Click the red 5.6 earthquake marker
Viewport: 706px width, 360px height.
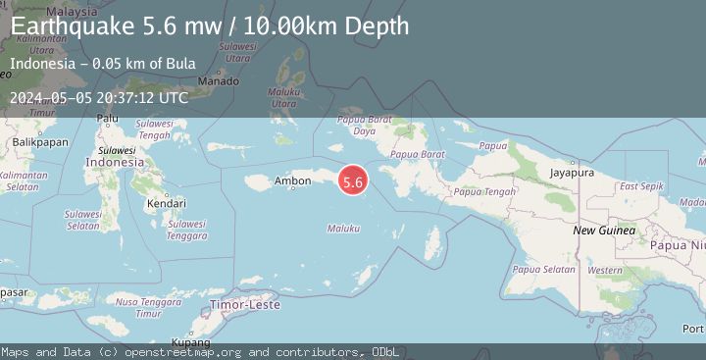(x=353, y=180)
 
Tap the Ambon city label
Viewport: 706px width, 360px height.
(x=292, y=180)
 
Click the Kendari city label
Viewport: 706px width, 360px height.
(x=166, y=203)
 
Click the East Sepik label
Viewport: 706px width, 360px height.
(x=641, y=185)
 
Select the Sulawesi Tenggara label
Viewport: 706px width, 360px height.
(x=186, y=230)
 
